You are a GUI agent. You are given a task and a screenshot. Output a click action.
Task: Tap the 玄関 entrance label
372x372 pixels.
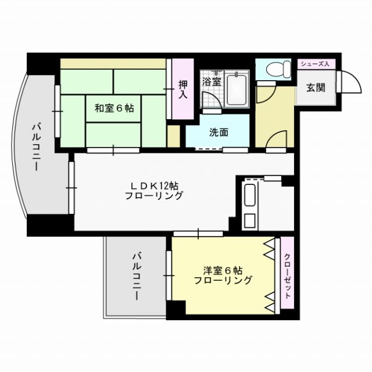tap(316, 88)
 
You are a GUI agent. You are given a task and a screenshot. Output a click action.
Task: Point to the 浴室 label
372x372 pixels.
tap(211, 81)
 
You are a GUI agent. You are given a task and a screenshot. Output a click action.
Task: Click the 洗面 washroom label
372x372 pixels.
tap(219, 132)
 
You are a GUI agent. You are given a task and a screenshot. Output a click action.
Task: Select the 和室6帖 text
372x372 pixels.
tap(115, 108)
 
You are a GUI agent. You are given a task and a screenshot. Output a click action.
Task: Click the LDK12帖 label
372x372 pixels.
tap(153, 185)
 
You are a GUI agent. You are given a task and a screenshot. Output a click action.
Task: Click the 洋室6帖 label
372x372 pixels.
tap(223, 270)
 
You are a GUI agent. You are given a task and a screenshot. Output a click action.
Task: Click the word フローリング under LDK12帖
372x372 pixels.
tap(153, 196)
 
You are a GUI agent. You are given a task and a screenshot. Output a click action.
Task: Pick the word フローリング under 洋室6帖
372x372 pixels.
tap(223, 280)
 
